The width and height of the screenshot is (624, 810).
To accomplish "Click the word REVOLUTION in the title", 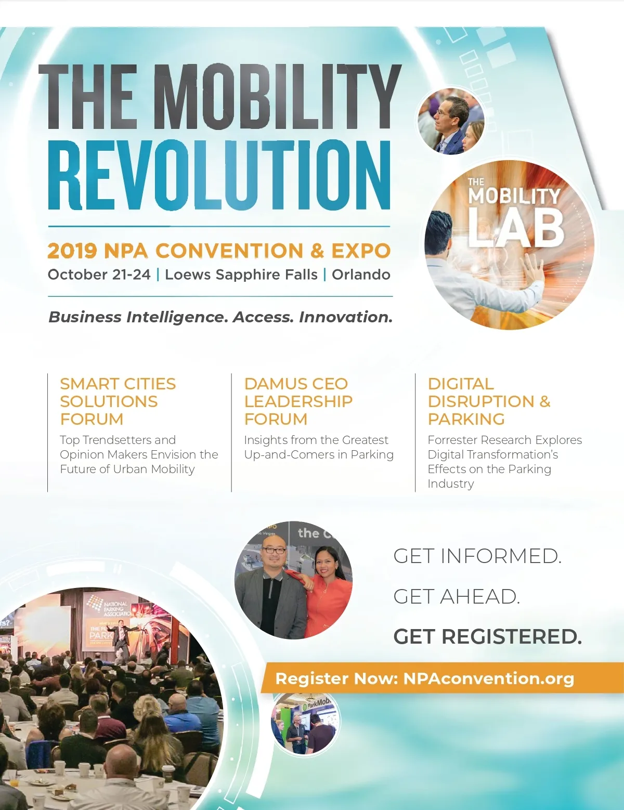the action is coord(219,175).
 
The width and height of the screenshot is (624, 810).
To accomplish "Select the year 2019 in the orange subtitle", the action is coord(72,251).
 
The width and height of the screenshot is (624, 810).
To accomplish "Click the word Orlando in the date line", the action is coord(361,275).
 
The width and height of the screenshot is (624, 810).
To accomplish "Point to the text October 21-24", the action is coord(99,275).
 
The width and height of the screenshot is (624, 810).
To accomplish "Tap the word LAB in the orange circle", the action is coord(517,229).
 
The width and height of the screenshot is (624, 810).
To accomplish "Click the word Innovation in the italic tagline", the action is coord(346,317).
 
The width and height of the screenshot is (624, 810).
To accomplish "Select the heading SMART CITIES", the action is coord(118,384).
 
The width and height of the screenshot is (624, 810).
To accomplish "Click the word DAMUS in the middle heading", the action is coord(273,384).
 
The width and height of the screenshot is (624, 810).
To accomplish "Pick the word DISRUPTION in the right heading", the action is coord(481,401).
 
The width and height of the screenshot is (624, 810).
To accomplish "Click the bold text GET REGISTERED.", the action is coord(487,637).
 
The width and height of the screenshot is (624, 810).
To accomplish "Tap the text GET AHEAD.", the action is coord(456,597).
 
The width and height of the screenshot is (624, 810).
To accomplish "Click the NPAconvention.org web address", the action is coord(489,678).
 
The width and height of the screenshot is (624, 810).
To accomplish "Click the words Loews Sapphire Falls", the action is coord(241,275).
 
